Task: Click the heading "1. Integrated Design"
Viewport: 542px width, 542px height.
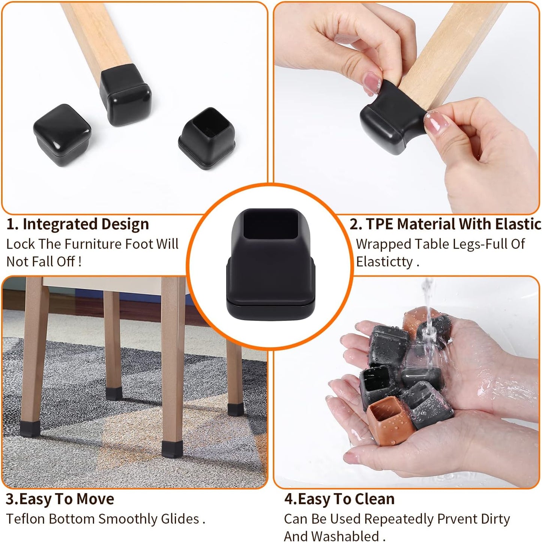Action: tap(78, 224)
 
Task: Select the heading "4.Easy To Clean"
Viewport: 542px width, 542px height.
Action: tap(339, 499)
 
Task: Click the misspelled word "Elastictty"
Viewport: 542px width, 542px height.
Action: tap(384, 261)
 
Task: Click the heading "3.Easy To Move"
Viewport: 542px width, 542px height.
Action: tap(60, 499)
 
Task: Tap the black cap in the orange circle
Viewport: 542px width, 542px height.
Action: tap(270, 270)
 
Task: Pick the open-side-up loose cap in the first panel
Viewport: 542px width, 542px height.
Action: tap(207, 138)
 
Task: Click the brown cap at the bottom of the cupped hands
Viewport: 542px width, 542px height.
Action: tap(388, 420)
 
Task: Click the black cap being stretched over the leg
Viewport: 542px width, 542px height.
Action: tap(386, 118)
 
